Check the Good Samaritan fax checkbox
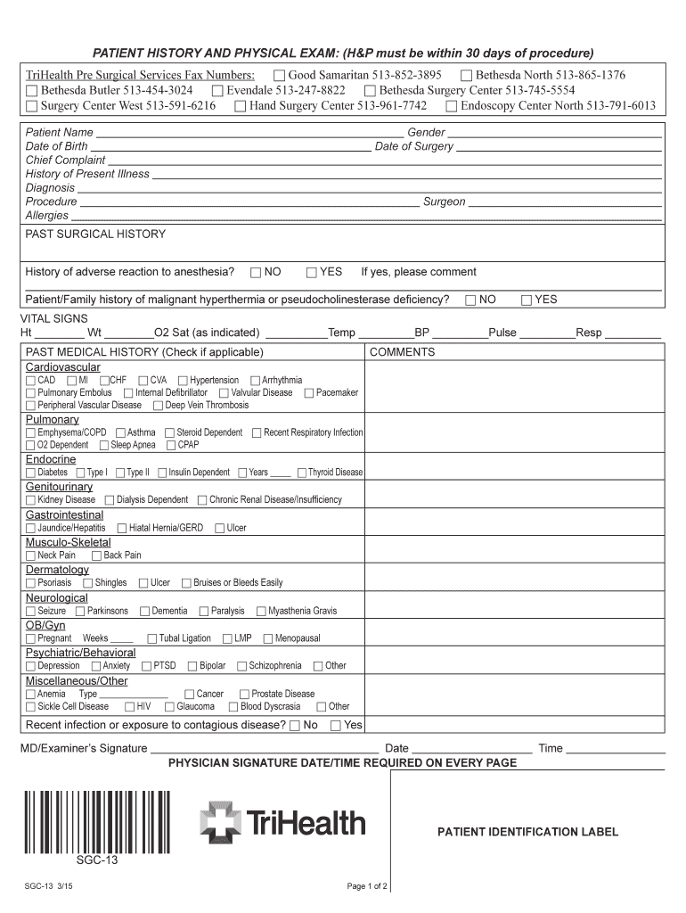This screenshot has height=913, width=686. point(280,76)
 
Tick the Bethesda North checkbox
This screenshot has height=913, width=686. point(466,76)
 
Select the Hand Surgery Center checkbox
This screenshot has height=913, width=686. point(241,106)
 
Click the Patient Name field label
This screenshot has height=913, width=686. point(60,133)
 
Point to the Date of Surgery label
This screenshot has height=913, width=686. point(414,146)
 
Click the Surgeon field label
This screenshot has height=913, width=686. point(444,202)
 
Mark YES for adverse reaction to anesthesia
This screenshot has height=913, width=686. point(312,272)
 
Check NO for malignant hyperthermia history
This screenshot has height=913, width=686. point(471,300)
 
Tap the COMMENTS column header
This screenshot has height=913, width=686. point(402,352)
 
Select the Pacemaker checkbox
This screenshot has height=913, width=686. point(308,393)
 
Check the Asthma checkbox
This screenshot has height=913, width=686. point(121,433)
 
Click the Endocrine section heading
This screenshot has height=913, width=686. point(51,459)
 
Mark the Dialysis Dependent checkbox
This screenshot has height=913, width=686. point(110,500)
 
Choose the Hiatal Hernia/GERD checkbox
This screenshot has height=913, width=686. point(122,528)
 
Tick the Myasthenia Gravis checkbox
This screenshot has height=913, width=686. point(261,612)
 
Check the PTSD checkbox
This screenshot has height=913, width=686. point(145,666)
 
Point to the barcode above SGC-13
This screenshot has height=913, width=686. point(96,821)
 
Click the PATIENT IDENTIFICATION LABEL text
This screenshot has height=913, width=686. point(527,832)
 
